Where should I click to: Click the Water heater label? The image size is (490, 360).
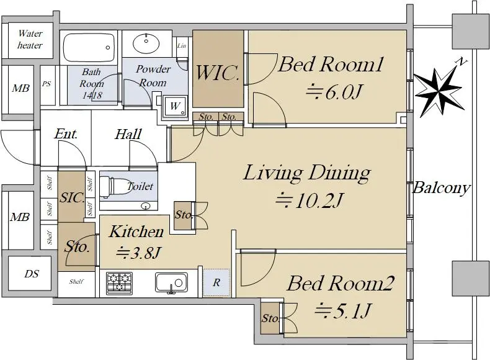coord(30,39)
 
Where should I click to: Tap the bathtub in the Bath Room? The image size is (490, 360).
coord(89,48)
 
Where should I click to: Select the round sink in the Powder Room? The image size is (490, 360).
coord(146,43)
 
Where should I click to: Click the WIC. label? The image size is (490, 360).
coord(217,72)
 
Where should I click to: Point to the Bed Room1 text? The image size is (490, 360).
coord(331,64)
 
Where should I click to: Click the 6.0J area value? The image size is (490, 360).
coord(334,92)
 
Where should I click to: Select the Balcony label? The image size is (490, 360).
coord(442,187)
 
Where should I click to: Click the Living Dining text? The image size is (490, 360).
coord(307,173)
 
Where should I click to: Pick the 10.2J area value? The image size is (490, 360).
coord(310,200)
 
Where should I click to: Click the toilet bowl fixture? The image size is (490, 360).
coord(115,187)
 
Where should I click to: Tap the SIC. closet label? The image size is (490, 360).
coord(71,197)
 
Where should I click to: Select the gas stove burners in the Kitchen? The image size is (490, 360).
coord(119,283)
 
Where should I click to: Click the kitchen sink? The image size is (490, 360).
coord(171,283)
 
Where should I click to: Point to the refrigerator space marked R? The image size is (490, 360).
coord(216,283)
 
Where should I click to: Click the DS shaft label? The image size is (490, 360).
coord(32,274)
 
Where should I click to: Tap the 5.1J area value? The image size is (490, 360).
coord(343,310)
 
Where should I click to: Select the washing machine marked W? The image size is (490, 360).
coord(175,106)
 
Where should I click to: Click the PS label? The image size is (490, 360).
coord(47,84)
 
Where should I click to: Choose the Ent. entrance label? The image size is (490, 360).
coord(66,134)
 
